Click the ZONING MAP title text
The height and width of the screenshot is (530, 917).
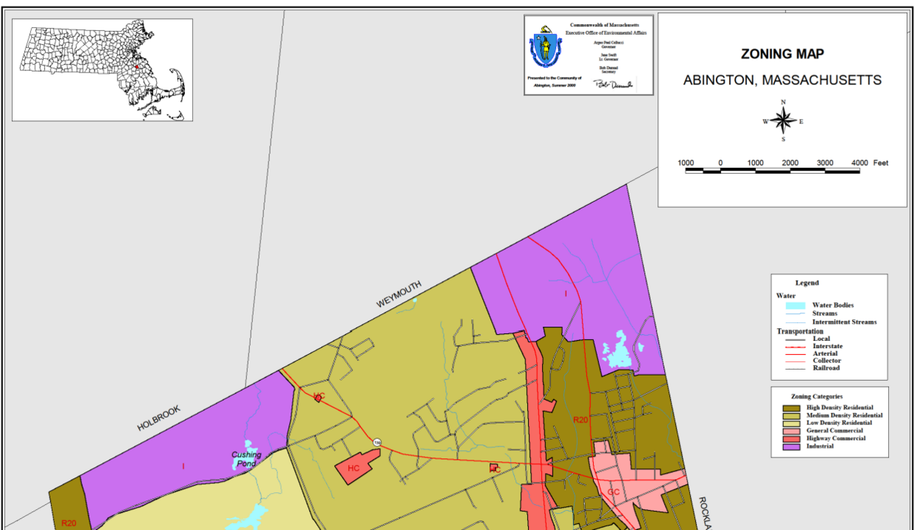(x=782, y=54)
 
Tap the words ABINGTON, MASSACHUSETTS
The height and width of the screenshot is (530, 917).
(x=782, y=80)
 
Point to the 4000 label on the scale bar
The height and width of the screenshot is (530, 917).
(x=859, y=163)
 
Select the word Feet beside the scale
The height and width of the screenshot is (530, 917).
(x=881, y=163)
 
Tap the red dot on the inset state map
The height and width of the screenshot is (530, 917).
(x=136, y=67)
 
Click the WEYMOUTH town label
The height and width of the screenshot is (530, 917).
(x=398, y=294)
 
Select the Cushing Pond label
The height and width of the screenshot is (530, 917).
(x=246, y=459)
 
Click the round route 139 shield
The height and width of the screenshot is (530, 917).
(x=377, y=443)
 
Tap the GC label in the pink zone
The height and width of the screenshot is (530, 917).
(x=613, y=492)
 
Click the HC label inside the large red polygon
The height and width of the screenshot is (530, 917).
(x=353, y=468)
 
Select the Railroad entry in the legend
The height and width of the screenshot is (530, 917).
(x=825, y=368)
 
